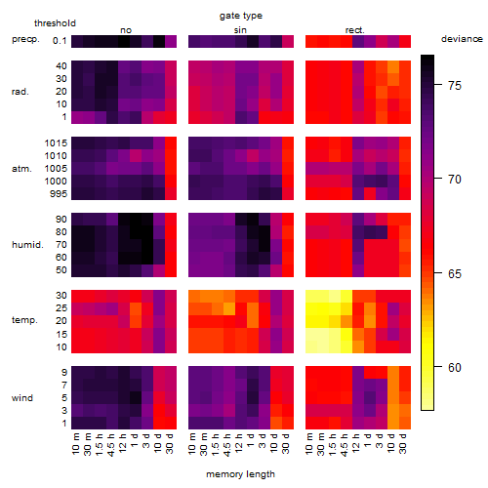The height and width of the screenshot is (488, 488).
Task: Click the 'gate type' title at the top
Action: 241,16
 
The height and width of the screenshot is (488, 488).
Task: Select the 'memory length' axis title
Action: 240,474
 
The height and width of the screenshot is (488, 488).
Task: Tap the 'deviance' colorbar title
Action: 462,39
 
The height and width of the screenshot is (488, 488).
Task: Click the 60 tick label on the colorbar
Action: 455,367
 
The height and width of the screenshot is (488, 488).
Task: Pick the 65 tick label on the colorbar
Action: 455,273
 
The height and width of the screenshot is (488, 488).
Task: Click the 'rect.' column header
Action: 355,30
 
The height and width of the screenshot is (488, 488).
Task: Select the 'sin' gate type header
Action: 240,30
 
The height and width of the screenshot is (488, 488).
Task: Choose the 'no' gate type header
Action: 126,30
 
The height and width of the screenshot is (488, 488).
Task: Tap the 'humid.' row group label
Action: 27,245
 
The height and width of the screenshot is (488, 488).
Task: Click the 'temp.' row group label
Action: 24,320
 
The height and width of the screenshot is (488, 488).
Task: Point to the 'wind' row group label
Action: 22,398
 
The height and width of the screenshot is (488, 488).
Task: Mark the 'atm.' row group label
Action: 21,169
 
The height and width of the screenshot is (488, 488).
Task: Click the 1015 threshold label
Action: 56,143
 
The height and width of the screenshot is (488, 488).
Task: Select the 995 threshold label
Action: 59,194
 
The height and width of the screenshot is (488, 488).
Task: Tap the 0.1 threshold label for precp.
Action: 60,41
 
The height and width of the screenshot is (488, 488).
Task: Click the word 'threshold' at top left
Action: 55,23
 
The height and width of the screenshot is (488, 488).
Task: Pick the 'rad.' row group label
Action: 20,92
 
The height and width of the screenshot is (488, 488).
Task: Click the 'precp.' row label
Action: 25,39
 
